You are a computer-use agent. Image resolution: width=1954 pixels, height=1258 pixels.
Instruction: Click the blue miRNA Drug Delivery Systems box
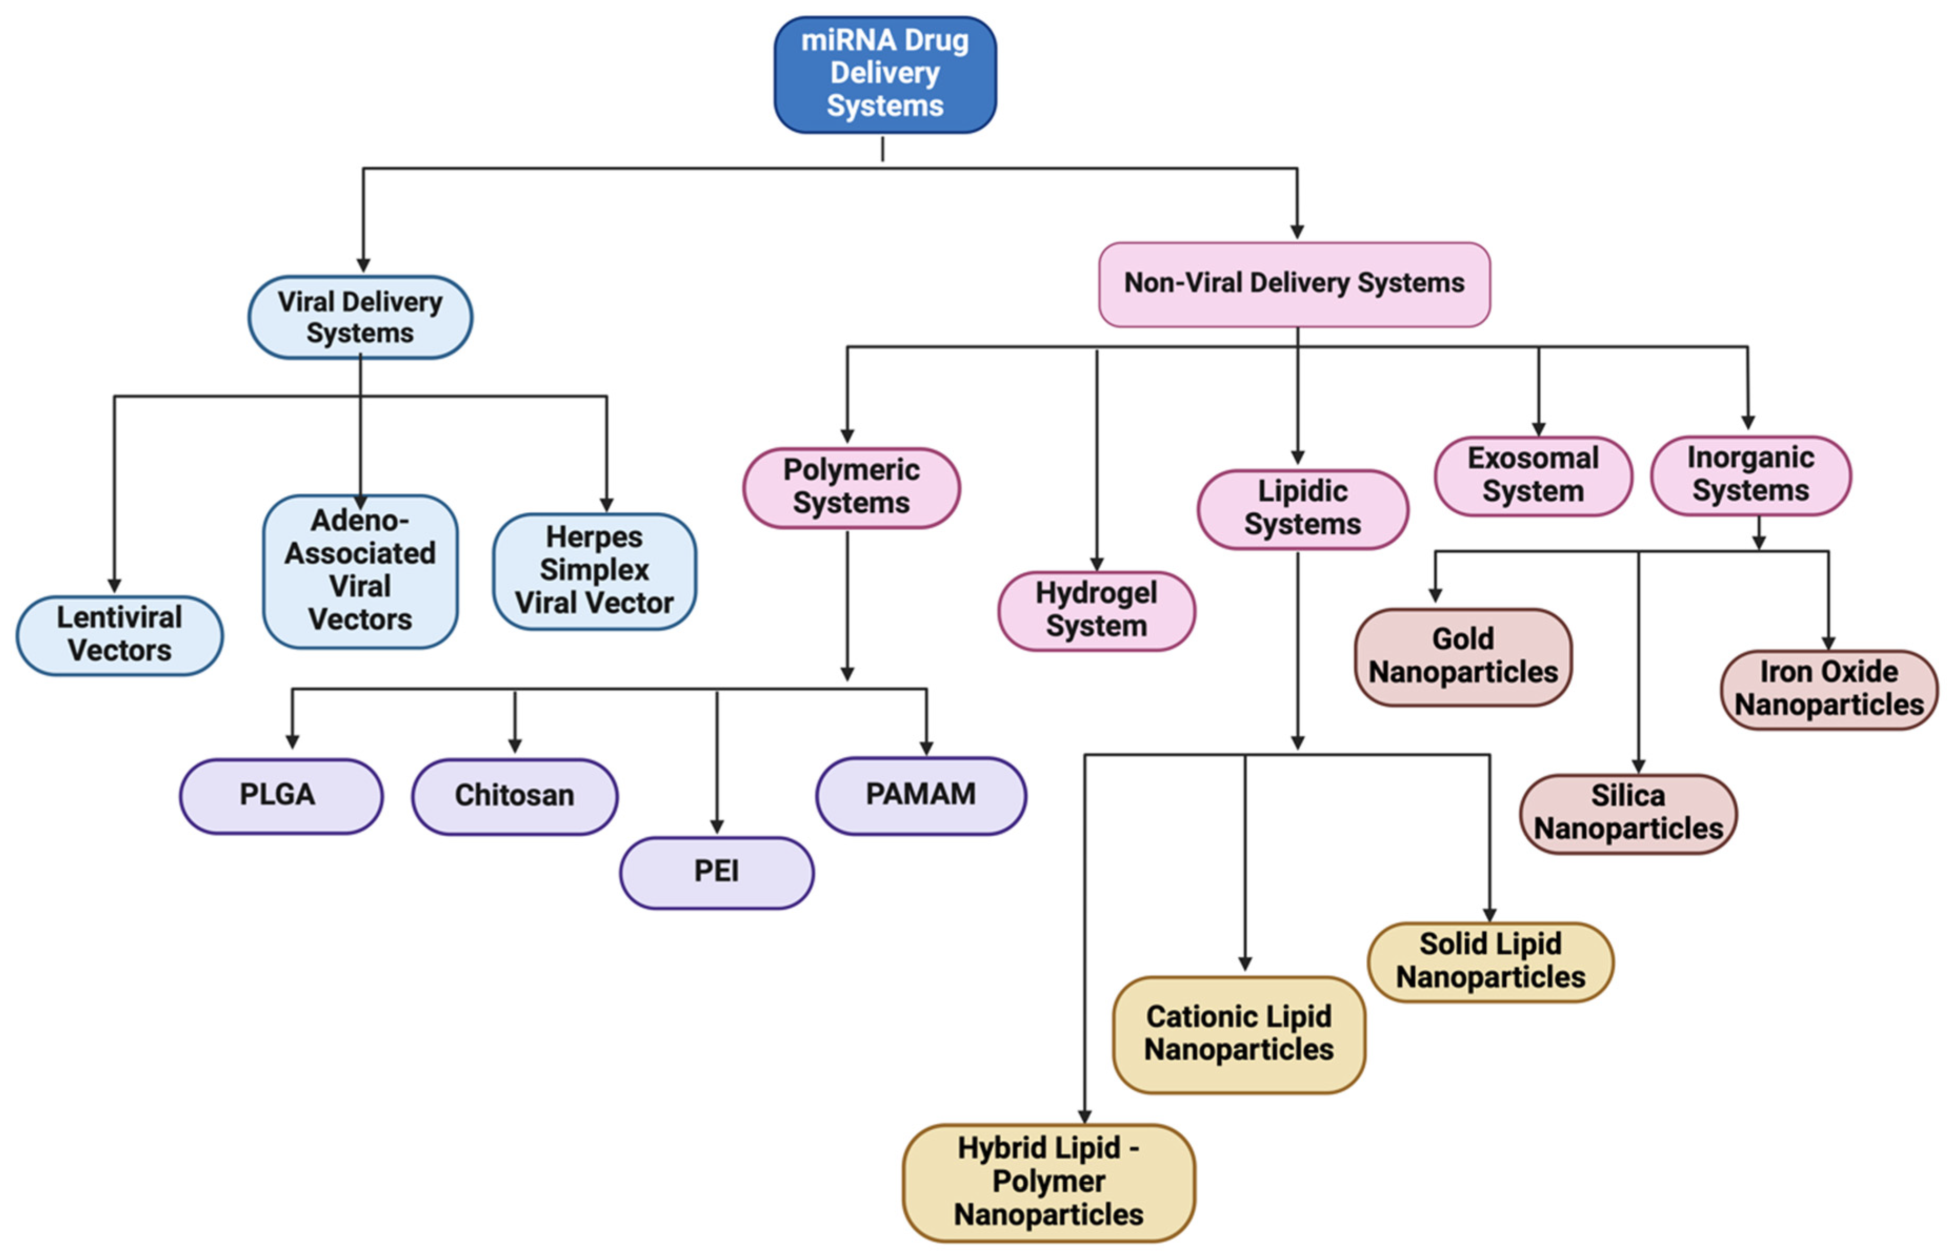point(884,74)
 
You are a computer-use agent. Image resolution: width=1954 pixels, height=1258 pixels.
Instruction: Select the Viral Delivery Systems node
point(359,317)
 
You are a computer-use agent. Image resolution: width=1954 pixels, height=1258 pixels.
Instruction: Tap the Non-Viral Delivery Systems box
point(1294,283)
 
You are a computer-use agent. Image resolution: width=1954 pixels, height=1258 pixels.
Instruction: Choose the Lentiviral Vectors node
point(119,635)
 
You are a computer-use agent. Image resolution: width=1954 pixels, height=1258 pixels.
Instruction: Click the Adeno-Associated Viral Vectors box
point(359,570)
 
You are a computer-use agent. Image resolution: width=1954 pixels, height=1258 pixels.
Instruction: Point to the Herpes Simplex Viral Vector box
point(594,570)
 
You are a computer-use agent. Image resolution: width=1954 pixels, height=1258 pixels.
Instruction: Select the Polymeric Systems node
point(851,487)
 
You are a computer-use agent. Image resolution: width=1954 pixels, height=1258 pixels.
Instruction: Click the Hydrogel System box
point(1096,610)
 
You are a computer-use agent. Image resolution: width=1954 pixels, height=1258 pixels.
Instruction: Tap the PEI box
point(716,871)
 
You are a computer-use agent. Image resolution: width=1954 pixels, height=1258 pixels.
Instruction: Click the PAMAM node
point(920,795)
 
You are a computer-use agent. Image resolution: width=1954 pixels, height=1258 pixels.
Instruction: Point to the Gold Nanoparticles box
point(1462,656)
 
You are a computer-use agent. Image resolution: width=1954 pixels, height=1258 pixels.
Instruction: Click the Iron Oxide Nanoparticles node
point(1828,688)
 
